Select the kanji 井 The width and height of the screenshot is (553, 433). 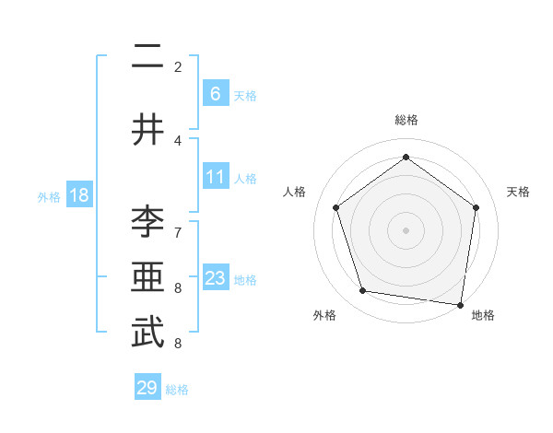[147, 130]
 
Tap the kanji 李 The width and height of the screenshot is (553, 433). [147, 222]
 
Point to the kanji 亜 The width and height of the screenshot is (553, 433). [147, 278]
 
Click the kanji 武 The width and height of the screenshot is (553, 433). [147, 334]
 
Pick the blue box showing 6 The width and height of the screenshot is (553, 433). [215, 94]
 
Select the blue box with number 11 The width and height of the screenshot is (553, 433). [215, 178]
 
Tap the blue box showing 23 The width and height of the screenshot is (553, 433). [215, 278]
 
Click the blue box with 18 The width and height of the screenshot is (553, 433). [78, 195]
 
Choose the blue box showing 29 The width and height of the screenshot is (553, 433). [147, 388]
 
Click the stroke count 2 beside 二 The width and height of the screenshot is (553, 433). [178, 66]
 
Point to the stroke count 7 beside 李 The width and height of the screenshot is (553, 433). [178, 231]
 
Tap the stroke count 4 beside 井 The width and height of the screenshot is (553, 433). [178, 140]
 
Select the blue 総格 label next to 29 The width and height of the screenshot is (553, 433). [177, 390]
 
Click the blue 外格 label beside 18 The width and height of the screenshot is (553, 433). [49, 196]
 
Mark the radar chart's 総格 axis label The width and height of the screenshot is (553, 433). [406, 121]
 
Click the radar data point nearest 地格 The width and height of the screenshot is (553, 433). [460, 304]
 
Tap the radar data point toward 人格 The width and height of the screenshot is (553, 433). [335, 207]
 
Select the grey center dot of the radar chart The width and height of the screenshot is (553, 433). [406, 229]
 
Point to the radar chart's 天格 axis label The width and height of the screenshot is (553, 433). [518, 192]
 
